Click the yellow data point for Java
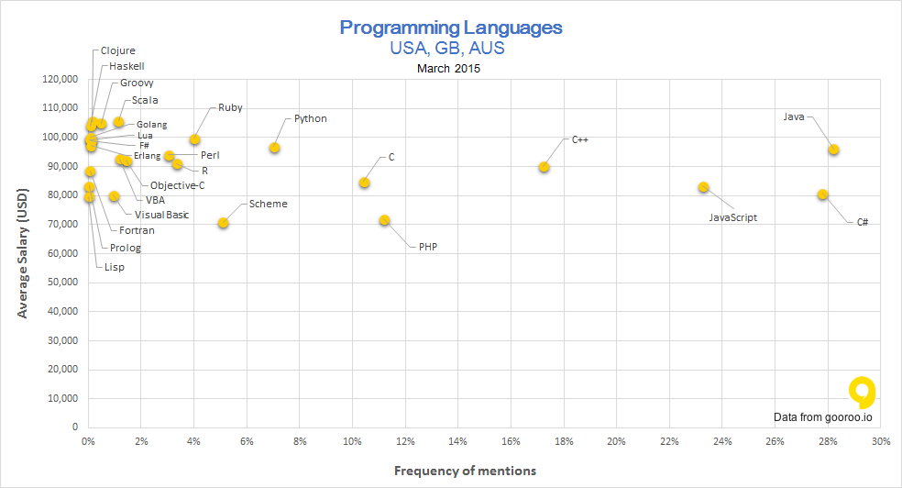pyautogui.click(x=833, y=150)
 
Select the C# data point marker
pyautogui.click(x=822, y=194)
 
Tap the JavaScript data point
pyautogui.click(x=703, y=187)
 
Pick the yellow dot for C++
pyautogui.click(x=544, y=167)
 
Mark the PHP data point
pyautogui.click(x=384, y=220)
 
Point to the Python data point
pyautogui.click(x=274, y=148)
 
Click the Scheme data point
pyautogui.click(x=223, y=223)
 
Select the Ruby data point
pyautogui.click(x=194, y=139)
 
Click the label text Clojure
pyautogui.click(x=117, y=50)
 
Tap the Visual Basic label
pyautogui.click(x=161, y=215)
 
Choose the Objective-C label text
pyautogui.click(x=177, y=185)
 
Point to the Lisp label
pyautogui.click(x=114, y=267)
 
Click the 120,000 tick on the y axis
pyautogui.click(x=60, y=79)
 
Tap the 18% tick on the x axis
pyautogui.click(x=564, y=442)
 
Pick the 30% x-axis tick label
pyautogui.click(x=881, y=442)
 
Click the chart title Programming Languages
pyautogui.click(x=451, y=27)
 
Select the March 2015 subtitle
pyautogui.click(x=448, y=68)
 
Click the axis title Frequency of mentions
pyautogui.click(x=465, y=471)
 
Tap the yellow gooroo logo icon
pyautogui.click(x=862, y=393)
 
